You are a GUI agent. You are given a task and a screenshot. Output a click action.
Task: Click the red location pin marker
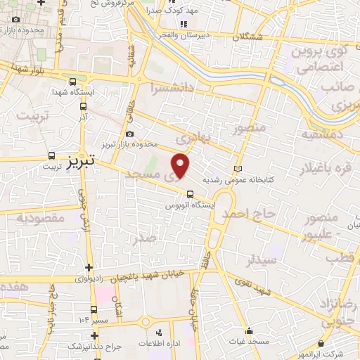pos(181,166)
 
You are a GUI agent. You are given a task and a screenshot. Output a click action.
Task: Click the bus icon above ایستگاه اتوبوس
pos(189,195)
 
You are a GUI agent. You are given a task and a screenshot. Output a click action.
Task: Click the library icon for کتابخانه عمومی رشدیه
pos(237,169)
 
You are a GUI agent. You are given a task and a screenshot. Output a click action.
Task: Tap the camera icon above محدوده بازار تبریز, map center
pos(129,134)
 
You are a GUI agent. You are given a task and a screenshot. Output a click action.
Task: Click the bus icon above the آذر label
pos(84,107)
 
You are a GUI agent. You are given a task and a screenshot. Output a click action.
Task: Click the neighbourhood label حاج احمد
pos(247,214)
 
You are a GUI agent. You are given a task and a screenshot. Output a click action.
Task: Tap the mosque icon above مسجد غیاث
pos(249,330)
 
